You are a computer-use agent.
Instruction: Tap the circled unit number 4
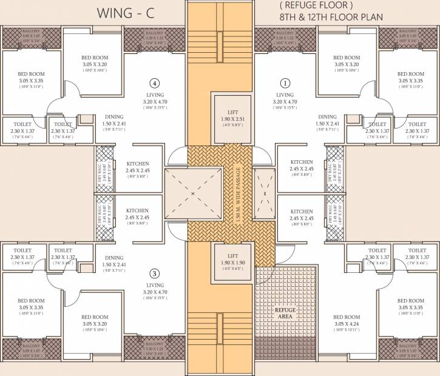click(x=155, y=83)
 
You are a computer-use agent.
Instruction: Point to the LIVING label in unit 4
click(x=155, y=95)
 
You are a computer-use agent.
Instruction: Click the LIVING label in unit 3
click(x=155, y=284)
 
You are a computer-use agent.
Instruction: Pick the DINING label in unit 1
click(x=327, y=117)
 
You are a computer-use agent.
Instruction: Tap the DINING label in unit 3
click(x=113, y=257)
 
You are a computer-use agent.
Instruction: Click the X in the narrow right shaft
click(x=264, y=193)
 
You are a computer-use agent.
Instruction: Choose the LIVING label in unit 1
click(x=285, y=95)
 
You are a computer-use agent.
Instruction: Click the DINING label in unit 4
click(x=113, y=117)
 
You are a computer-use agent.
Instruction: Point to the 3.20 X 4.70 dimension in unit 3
click(x=155, y=292)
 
